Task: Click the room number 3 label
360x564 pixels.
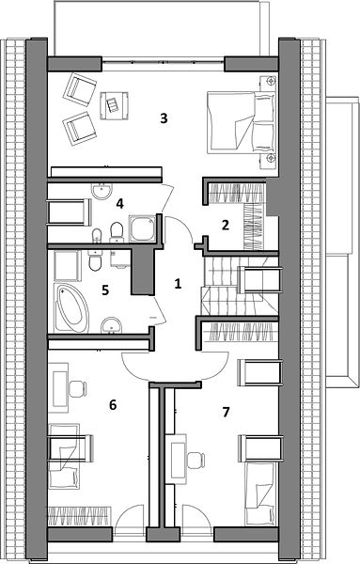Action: click(x=164, y=118)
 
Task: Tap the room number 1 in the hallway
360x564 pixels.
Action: click(x=178, y=284)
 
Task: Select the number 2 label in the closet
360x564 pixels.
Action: click(x=226, y=226)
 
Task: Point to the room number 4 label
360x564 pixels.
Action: click(x=119, y=204)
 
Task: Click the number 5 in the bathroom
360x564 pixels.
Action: click(x=105, y=290)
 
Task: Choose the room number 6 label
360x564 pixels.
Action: click(x=113, y=405)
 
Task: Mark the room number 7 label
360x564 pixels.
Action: click(x=226, y=413)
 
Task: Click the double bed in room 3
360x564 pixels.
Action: click(x=241, y=121)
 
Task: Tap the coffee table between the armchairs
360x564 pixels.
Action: click(x=115, y=105)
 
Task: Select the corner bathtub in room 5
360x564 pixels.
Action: click(x=71, y=308)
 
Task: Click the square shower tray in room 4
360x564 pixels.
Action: click(x=142, y=228)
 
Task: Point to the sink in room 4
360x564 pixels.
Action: click(x=102, y=191)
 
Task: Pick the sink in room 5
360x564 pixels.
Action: click(x=112, y=325)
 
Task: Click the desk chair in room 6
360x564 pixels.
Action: click(x=78, y=389)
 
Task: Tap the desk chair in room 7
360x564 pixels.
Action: click(x=196, y=461)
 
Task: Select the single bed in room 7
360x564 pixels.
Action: click(x=260, y=493)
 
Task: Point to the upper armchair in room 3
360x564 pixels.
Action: click(x=80, y=89)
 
